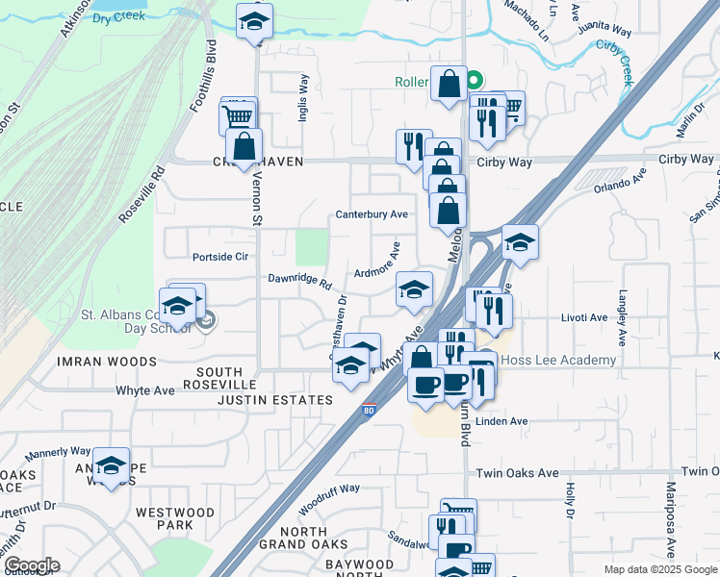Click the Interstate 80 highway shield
pos(369,411)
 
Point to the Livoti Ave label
pos(585,317)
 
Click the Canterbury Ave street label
pos(373,214)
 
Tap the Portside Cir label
pos(220,257)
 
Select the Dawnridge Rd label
pos(299,280)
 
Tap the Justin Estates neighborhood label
pos(274,399)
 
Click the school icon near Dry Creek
pos(254,22)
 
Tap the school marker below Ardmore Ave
pos(414,289)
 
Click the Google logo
pos(32,565)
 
